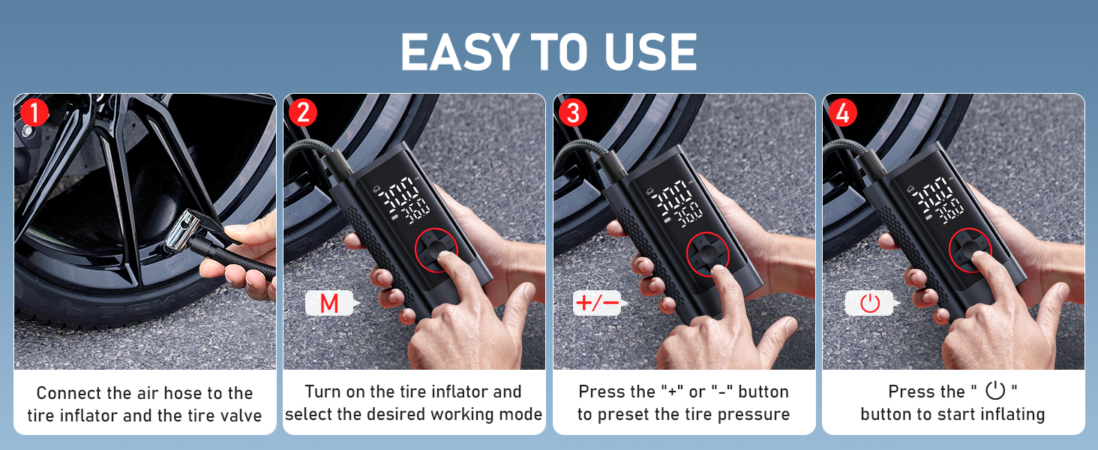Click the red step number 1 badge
(34, 113)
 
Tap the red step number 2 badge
(303, 113)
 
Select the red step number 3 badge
(573, 113)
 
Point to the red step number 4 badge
(843, 113)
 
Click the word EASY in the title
(458, 52)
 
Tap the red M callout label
(329, 304)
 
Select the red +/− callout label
(597, 304)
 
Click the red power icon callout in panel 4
(869, 304)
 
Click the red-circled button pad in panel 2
(442, 254)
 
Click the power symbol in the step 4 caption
(994, 391)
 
